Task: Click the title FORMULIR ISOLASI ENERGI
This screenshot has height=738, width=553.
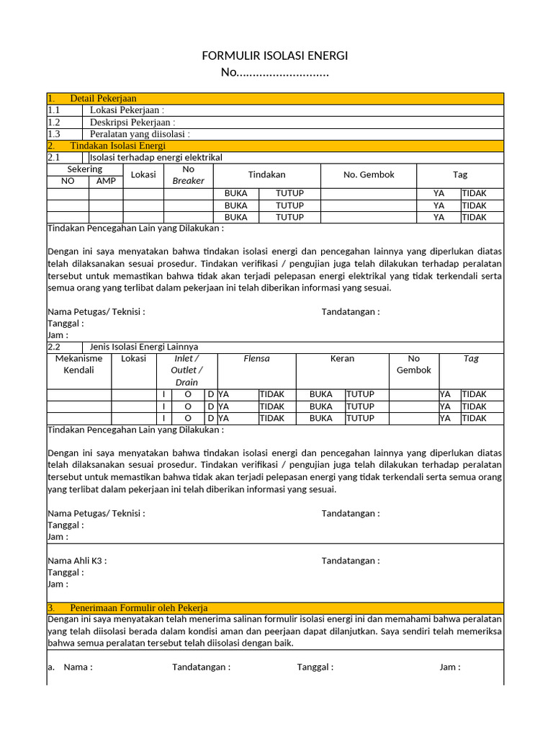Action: [x=276, y=56]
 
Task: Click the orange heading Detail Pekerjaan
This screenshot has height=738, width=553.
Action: [x=103, y=99]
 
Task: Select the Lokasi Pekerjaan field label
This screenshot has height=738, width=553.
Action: [x=127, y=110]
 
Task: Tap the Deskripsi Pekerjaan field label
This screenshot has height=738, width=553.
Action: [x=132, y=122]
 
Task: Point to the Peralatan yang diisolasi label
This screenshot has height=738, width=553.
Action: [x=140, y=134]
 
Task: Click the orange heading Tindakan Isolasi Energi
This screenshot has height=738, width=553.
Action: [x=117, y=146]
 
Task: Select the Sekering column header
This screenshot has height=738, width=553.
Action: [x=85, y=169]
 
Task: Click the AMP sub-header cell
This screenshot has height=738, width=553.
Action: [x=106, y=181]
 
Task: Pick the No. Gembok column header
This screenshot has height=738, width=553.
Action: [x=369, y=174]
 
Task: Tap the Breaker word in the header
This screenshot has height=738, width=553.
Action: [x=189, y=181]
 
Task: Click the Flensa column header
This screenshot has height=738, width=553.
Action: [x=256, y=358]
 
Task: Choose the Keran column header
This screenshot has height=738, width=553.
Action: [x=342, y=358]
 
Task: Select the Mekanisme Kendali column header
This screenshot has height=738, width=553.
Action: [x=79, y=364]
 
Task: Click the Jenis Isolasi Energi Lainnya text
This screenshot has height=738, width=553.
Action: [x=144, y=347]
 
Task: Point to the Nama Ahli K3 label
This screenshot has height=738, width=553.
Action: [x=77, y=561]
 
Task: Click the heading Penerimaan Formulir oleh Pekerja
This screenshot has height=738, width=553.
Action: [x=139, y=608]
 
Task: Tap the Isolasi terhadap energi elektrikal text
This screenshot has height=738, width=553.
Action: [x=156, y=157]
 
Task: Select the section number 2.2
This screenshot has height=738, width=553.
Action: [x=54, y=347]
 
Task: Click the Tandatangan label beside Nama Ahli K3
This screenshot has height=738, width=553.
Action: [x=351, y=561]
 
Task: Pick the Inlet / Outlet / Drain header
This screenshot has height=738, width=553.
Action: [x=187, y=370]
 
